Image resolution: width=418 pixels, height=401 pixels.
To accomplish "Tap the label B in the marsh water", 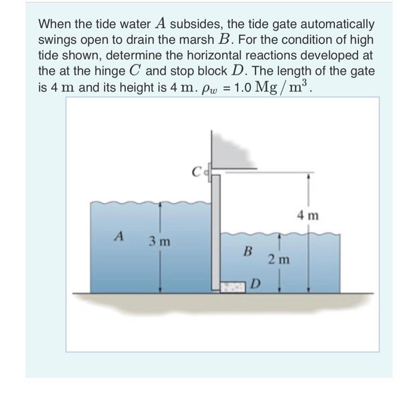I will [x=246, y=252].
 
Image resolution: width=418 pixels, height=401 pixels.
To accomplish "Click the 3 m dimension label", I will [x=159, y=242].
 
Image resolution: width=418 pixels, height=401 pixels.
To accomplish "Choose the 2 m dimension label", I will [x=279, y=259].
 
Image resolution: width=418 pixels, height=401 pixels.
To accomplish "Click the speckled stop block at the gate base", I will [x=234, y=287].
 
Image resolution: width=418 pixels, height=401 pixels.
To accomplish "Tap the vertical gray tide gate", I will [x=216, y=233].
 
